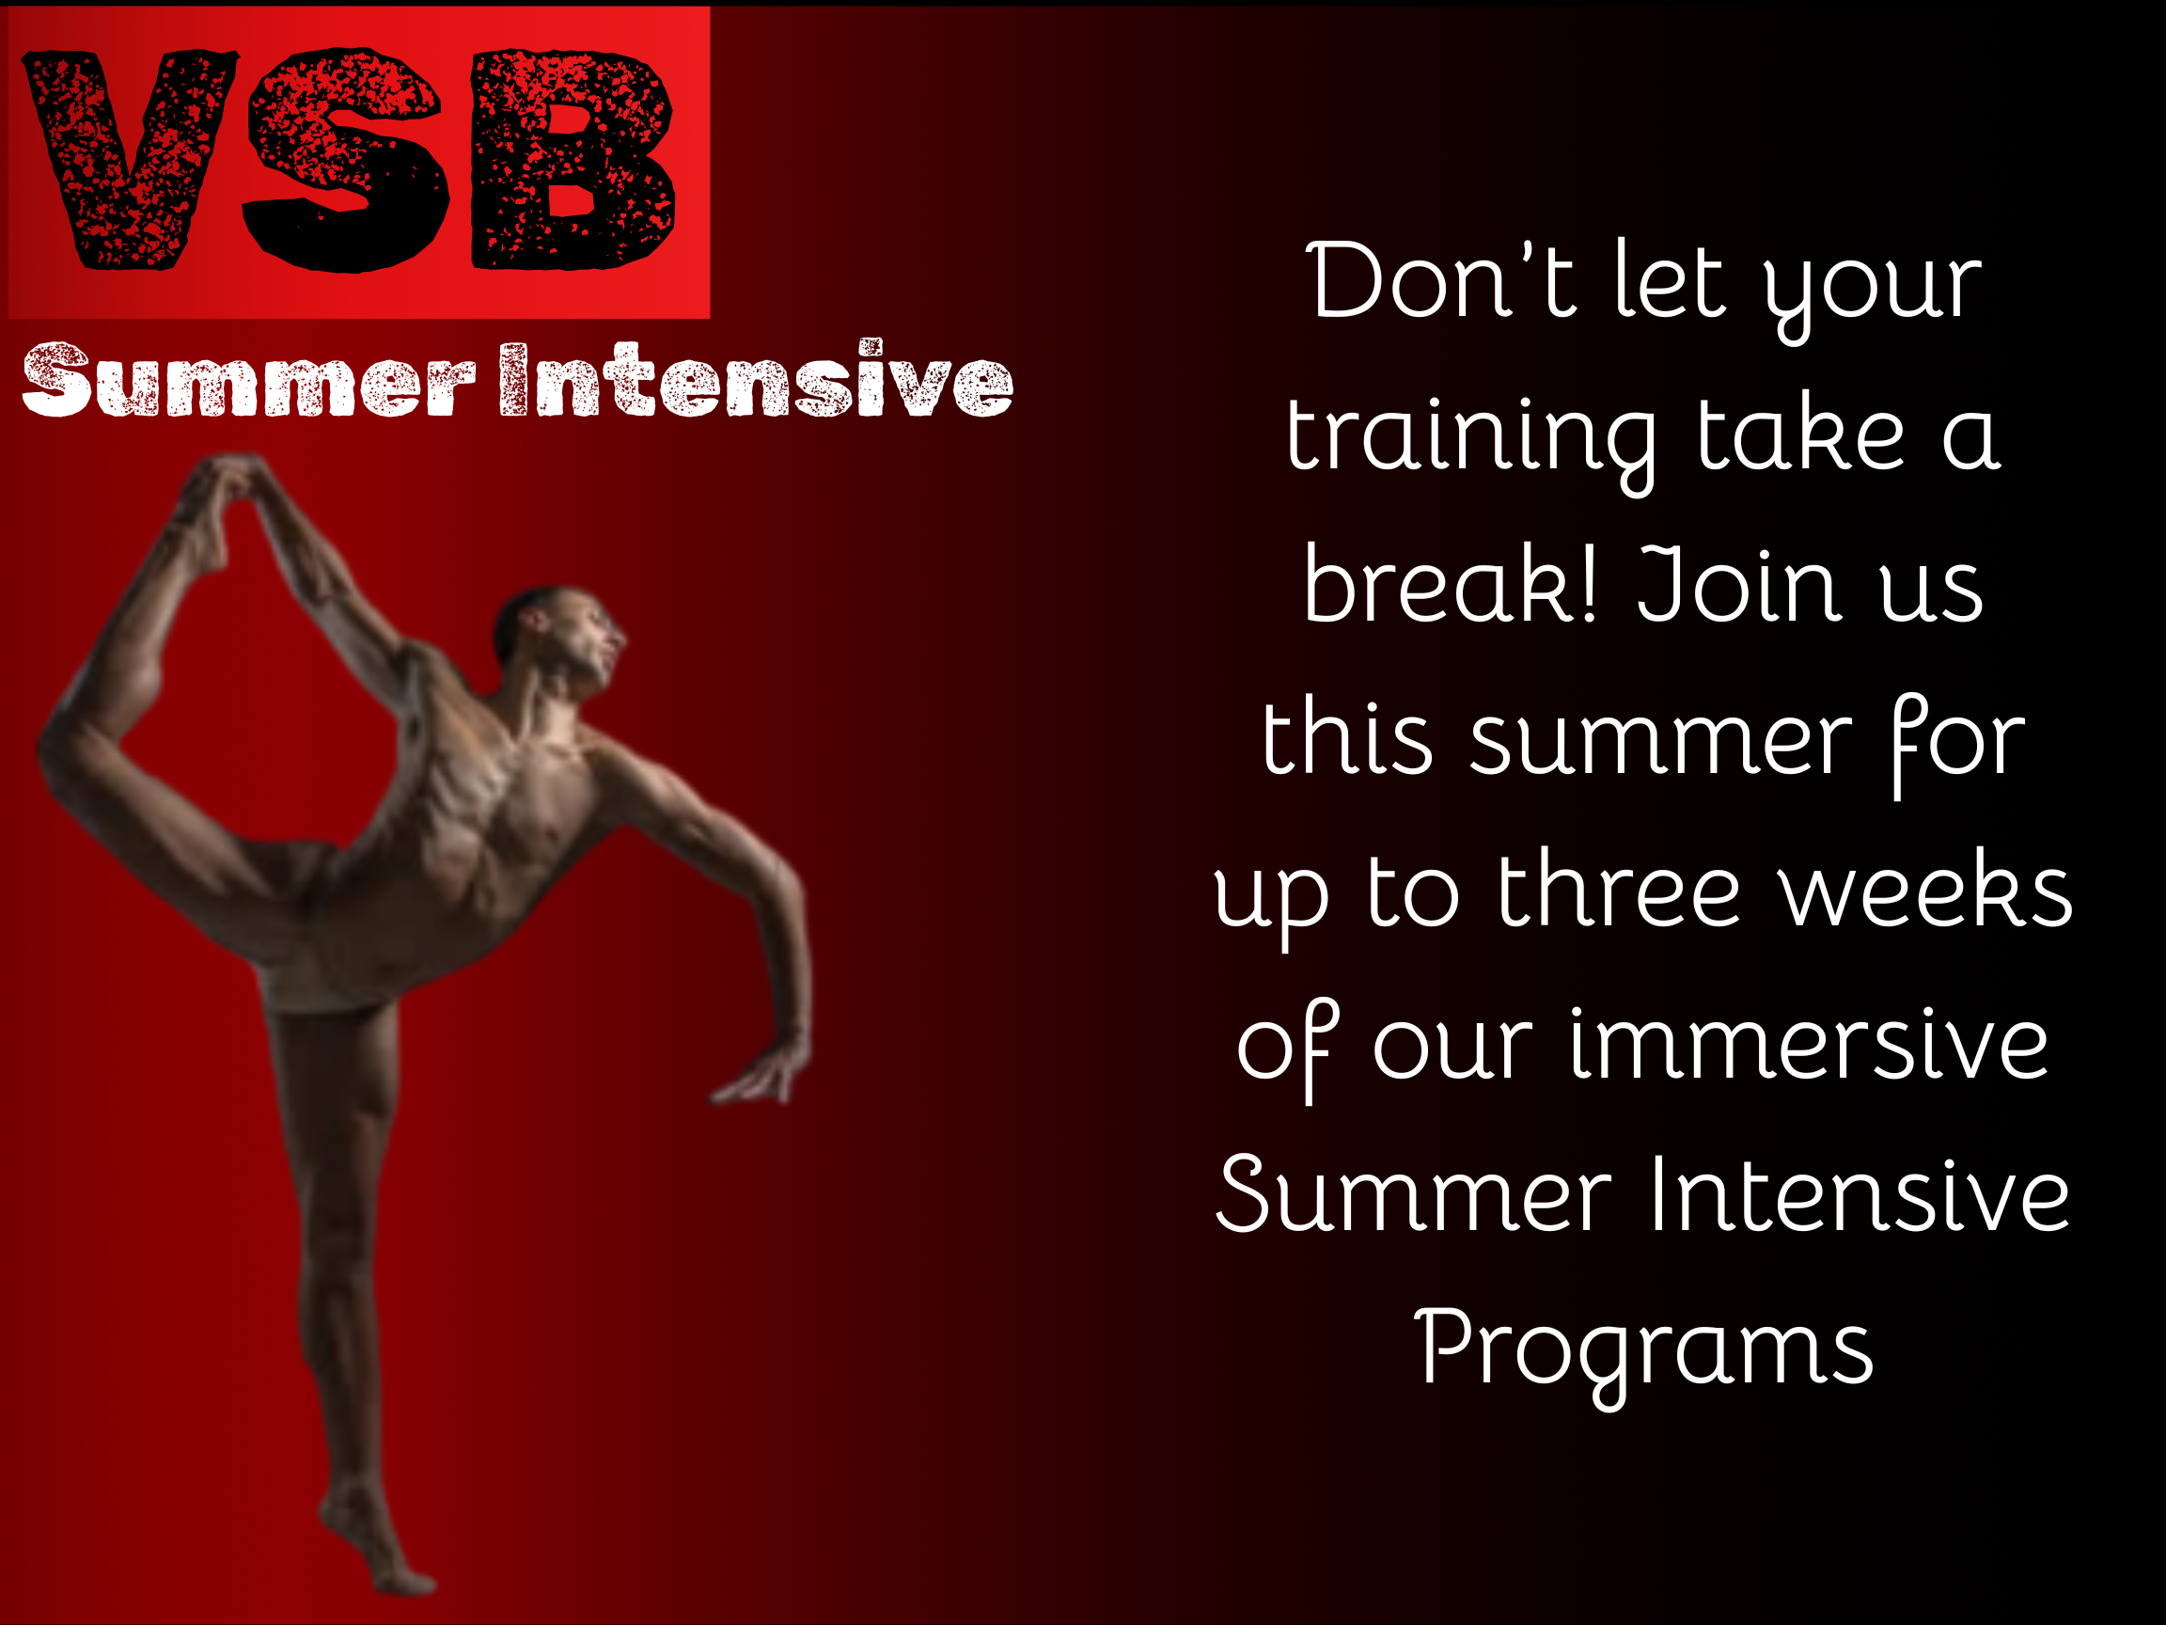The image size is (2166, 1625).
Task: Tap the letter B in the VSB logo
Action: pyautogui.click(x=573, y=159)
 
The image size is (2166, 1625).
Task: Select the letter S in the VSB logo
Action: pyautogui.click(x=349, y=160)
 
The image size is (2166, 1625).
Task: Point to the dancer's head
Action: pyautogui.click(x=558, y=637)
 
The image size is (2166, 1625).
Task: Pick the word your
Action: pyautogui.click(x=1873, y=292)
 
